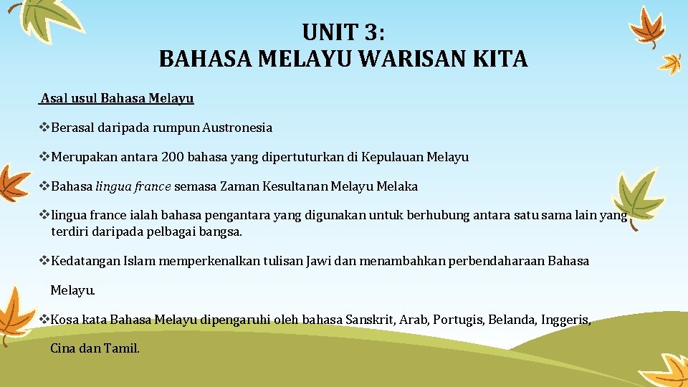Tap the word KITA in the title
pyautogui.click(x=500, y=59)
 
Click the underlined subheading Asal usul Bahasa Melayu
pyautogui.click(x=117, y=98)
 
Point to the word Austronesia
pyautogui.click(x=237, y=128)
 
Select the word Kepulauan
pyautogui.click(x=393, y=157)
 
